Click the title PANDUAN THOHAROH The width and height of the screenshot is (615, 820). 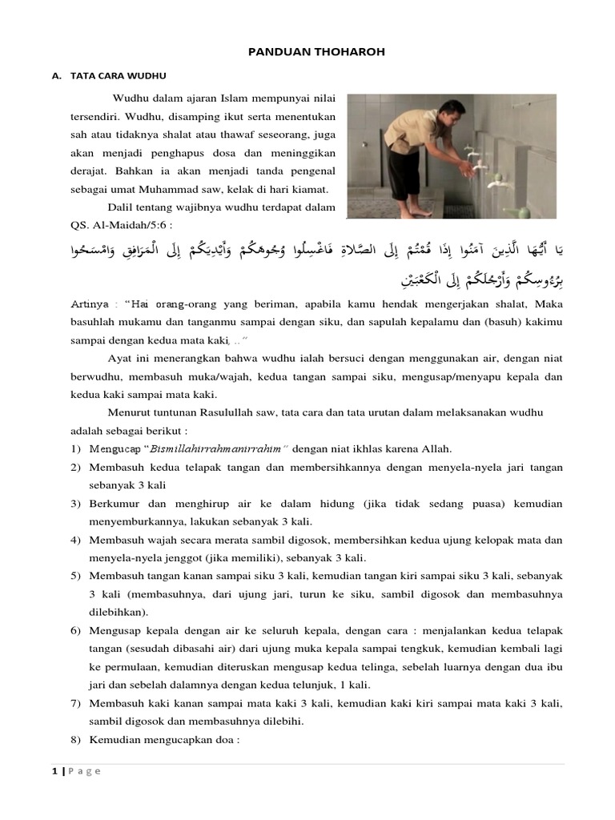tap(308, 52)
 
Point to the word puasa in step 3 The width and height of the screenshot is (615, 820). tap(498, 504)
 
